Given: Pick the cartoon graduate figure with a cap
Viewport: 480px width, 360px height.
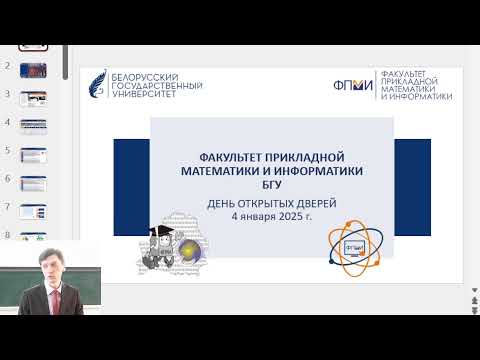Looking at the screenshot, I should [162, 240].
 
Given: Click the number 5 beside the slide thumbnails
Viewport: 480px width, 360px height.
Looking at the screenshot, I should [8, 150].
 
